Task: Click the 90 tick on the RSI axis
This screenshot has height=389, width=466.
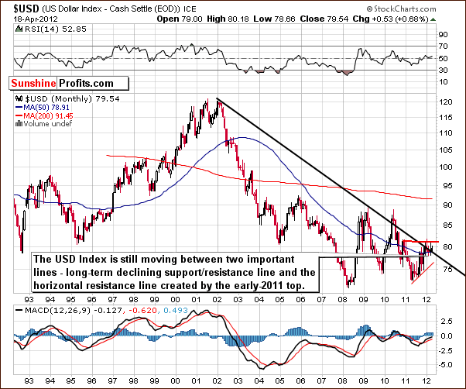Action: point(444,35)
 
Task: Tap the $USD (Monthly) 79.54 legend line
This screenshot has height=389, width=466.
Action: point(53,100)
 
